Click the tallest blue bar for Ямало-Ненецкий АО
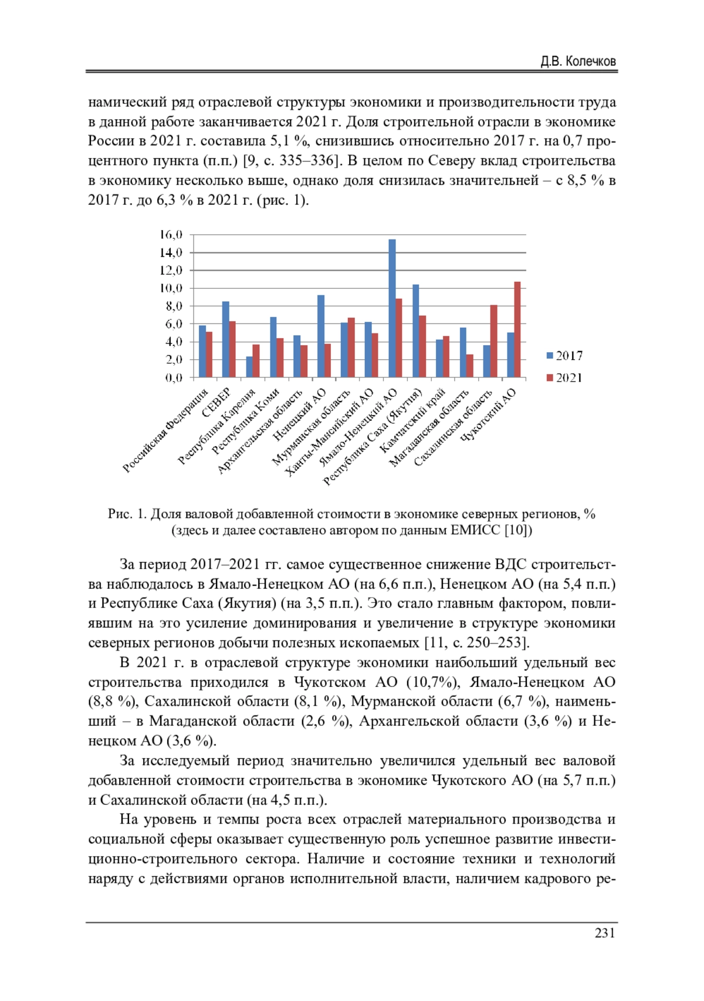[392, 308]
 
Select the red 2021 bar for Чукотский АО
[517, 329]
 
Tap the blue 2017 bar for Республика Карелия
[249, 367]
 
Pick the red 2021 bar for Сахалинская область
[494, 341]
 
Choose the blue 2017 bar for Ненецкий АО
[320, 336]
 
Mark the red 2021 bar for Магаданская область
[470, 365]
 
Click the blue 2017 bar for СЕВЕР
[225, 339]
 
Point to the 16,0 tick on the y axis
[171, 235]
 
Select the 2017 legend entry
[564, 356]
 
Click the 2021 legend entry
[564, 378]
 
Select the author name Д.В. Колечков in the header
[578, 61]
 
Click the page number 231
[605, 933]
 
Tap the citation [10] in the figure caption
[518, 531]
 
